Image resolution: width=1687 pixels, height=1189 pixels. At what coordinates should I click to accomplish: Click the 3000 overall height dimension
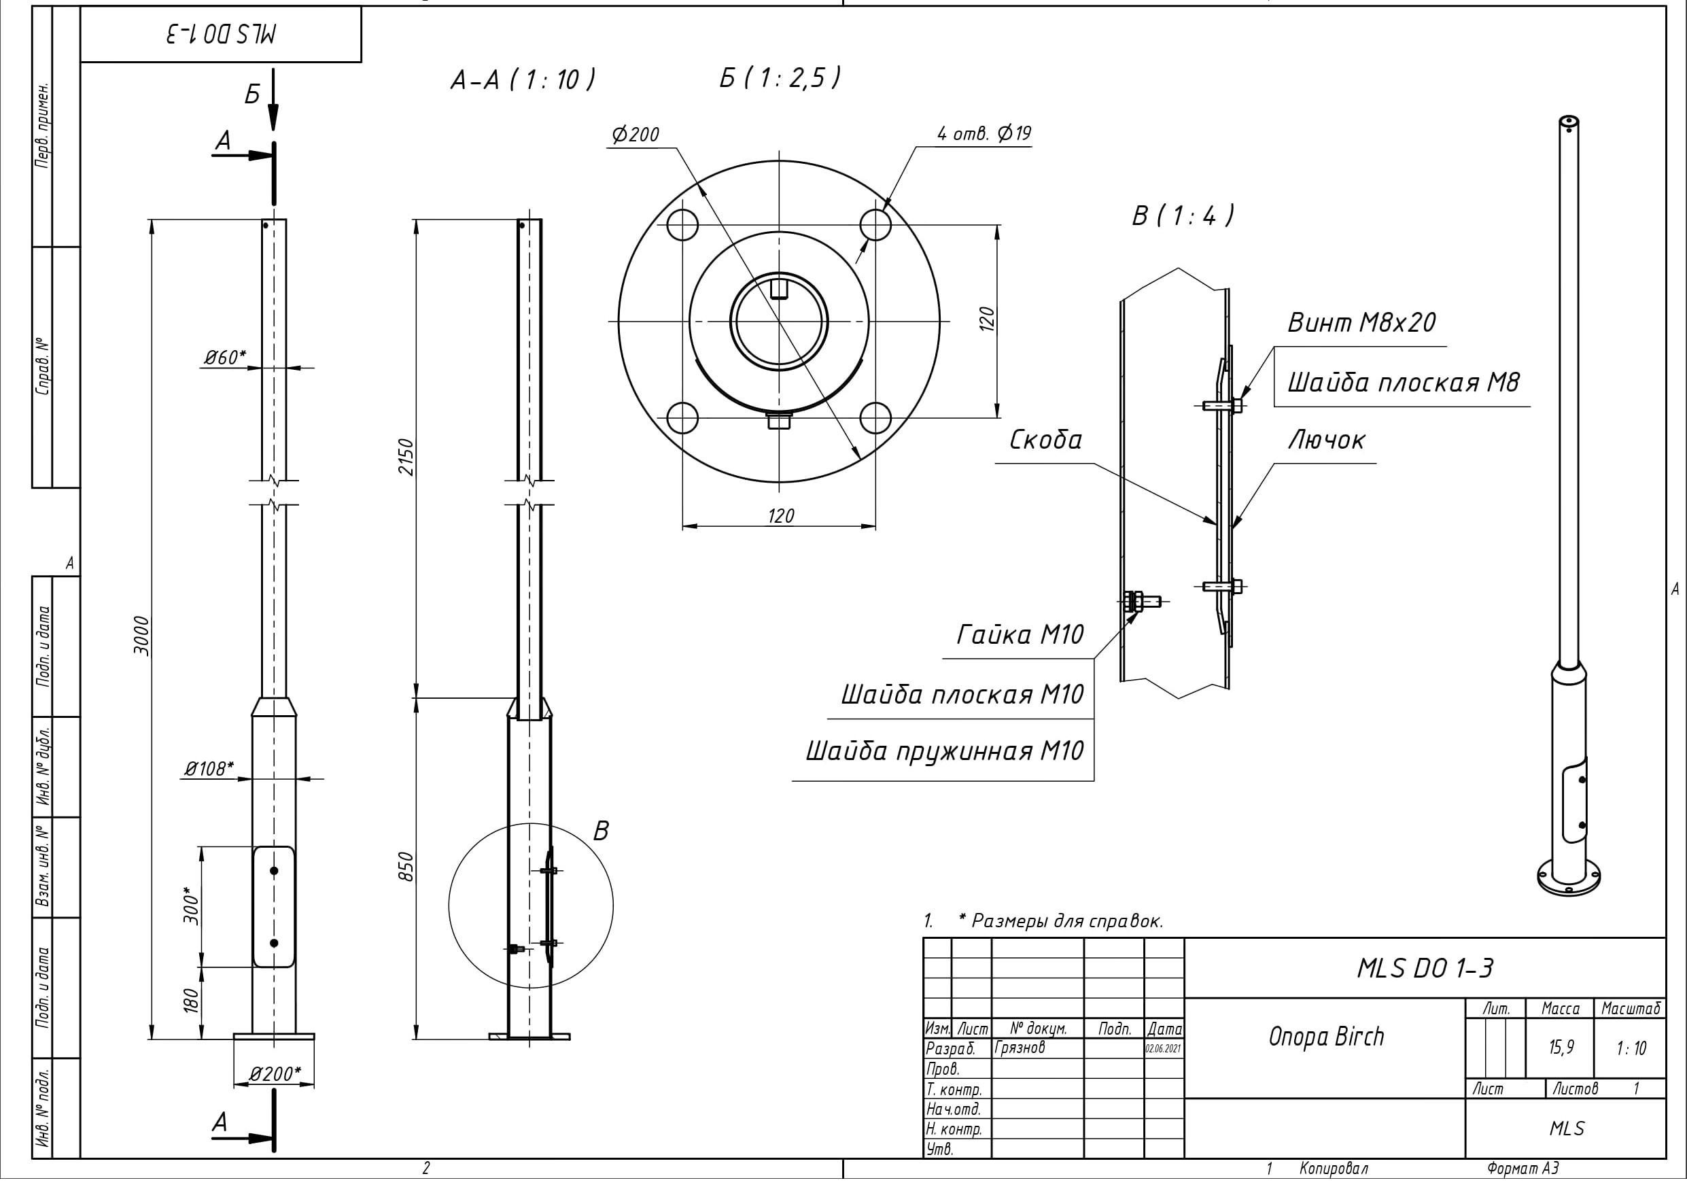tap(142, 637)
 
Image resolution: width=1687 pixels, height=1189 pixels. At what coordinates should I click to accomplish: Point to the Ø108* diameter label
tap(209, 769)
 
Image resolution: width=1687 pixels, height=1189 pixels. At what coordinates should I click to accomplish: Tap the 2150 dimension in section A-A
tap(406, 457)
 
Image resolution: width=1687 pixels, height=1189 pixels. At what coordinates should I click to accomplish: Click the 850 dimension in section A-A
tap(406, 867)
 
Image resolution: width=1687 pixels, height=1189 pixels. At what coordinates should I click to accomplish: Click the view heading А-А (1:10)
tap(523, 80)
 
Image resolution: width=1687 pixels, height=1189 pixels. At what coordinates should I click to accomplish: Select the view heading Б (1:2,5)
tap(779, 78)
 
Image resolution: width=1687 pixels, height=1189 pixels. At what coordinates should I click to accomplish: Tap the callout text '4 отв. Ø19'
tap(984, 134)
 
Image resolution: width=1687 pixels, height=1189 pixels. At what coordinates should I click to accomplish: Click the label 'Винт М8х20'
tap(1361, 323)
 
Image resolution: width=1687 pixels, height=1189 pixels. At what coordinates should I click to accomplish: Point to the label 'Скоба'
tap(1045, 440)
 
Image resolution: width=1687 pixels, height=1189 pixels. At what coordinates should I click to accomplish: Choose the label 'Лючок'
tap(1326, 440)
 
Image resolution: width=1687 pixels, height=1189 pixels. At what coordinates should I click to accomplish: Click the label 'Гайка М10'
tap(1020, 635)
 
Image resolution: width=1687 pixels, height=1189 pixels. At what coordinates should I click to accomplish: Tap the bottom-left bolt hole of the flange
tap(682, 418)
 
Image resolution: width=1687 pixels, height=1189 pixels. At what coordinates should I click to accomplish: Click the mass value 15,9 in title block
tap(1561, 1047)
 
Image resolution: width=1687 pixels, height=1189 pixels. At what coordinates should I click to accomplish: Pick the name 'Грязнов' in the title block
tap(1020, 1047)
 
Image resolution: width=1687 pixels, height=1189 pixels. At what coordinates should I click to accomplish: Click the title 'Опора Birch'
tap(1326, 1037)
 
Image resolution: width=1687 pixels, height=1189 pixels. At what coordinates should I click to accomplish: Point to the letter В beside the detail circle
tap(601, 831)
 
